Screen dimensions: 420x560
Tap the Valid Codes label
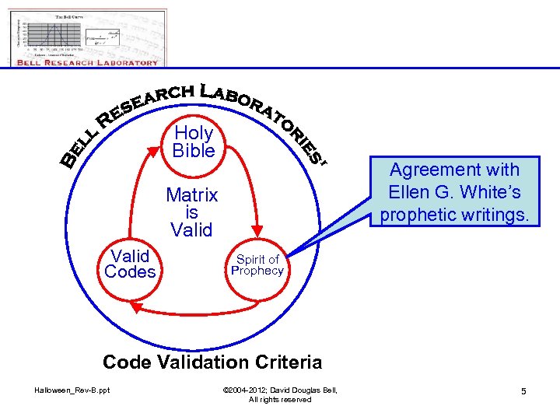(130, 264)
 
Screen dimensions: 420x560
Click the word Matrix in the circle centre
(192, 194)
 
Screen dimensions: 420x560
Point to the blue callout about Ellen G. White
(454, 191)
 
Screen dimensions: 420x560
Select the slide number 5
(523, 390)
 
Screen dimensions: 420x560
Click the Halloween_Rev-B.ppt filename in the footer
(72, 390)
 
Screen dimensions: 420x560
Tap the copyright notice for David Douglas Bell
(280, 394)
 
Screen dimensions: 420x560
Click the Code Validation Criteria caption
(212, 362)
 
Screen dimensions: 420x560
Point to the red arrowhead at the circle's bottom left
(135, 308)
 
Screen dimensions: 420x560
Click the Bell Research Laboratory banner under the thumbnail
(89, 62)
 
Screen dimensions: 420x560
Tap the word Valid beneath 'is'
(192, 230)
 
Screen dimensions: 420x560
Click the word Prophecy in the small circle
(257, 271)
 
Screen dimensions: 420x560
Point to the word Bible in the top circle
(194, 150)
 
